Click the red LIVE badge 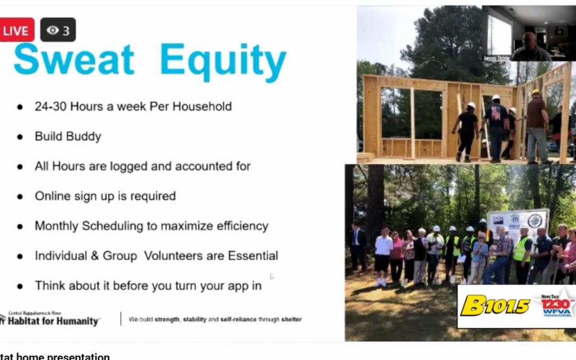17,30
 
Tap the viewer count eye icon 52,30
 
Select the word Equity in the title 223,61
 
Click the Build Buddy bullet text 68,136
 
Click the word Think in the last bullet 50,286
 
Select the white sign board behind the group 517,224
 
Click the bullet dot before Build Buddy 20,137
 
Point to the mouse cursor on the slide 272,276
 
